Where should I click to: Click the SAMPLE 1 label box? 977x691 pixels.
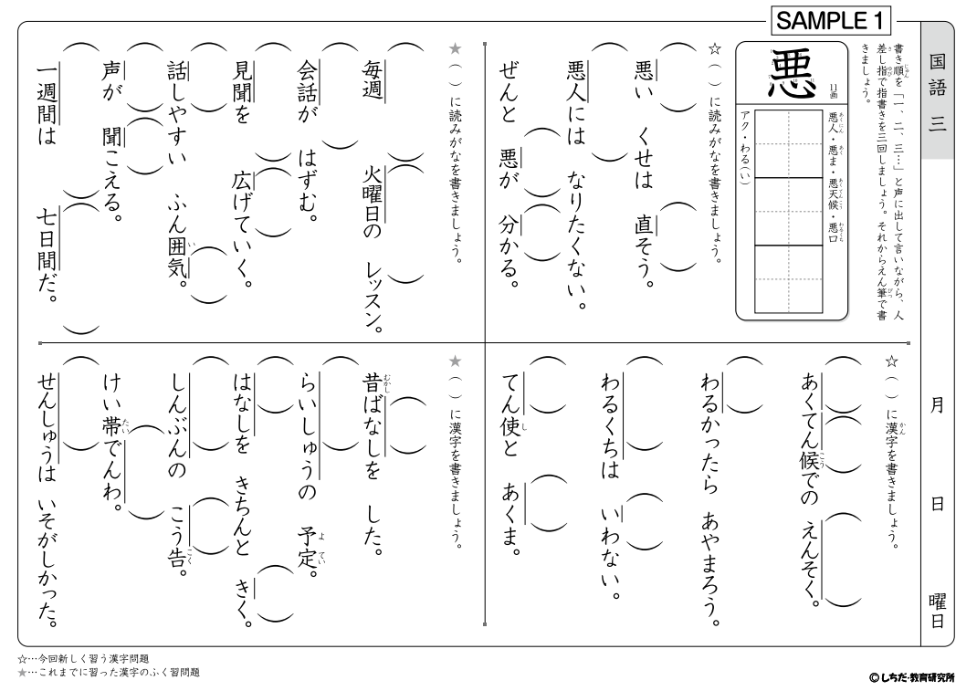(x=829, y=20)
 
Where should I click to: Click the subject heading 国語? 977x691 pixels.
(x=938, y=77)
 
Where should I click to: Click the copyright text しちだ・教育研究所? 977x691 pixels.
(x=912, y=677)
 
